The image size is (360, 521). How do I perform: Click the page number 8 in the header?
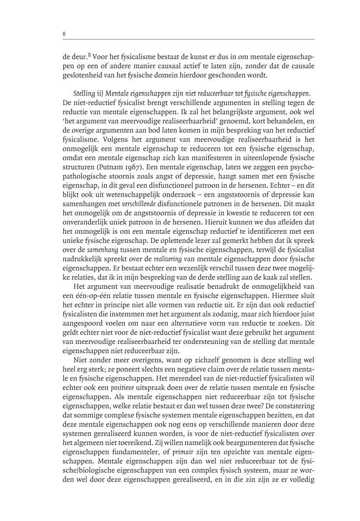click(64, 34)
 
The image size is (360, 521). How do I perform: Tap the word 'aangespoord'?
click(84, 326)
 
